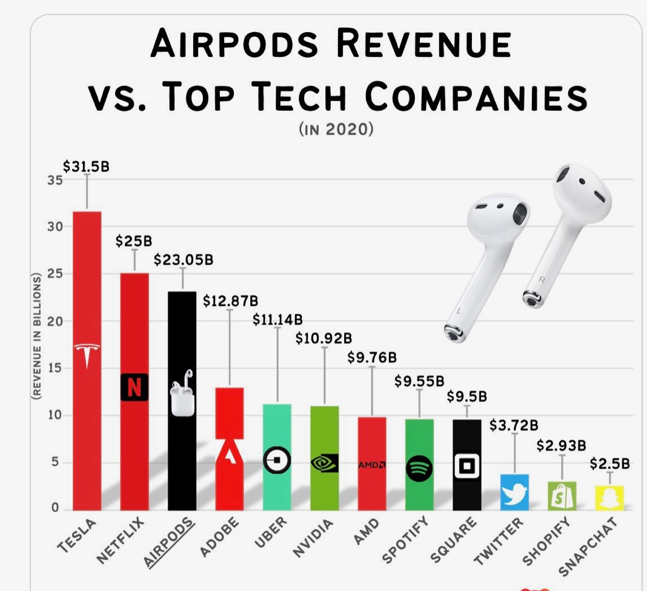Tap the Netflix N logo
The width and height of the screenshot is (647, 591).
pos(134,387)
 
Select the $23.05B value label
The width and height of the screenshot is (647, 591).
pos(183,260)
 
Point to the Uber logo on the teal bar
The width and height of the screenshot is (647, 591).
pos(277,461)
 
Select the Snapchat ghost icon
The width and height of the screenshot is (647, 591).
pos(609,498)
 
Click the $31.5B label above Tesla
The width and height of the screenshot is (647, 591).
pos(86,167)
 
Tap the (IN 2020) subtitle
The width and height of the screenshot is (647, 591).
pos(335,129)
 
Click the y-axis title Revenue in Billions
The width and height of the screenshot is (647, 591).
pos(36,336)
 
